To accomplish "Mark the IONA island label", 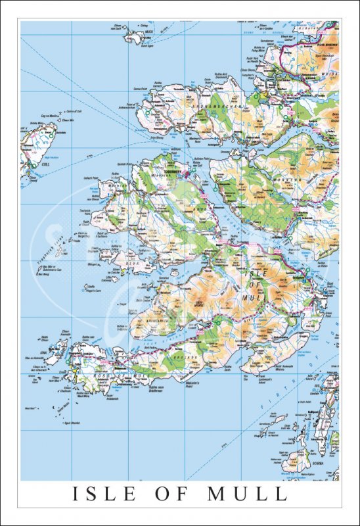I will coord(45,352).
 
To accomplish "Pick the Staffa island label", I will coord(91,288).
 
